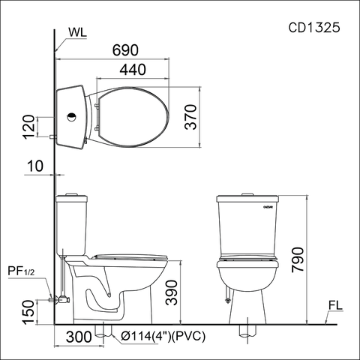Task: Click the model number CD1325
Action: (314, 28)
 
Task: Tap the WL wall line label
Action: (77, 33)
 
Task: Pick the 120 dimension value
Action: (29, 127)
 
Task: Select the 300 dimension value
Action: (79, 337)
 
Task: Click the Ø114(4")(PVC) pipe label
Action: (161, 337)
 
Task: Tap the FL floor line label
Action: (335, 306)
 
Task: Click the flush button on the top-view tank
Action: (72, 118)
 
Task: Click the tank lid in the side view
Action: (73, 198)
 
